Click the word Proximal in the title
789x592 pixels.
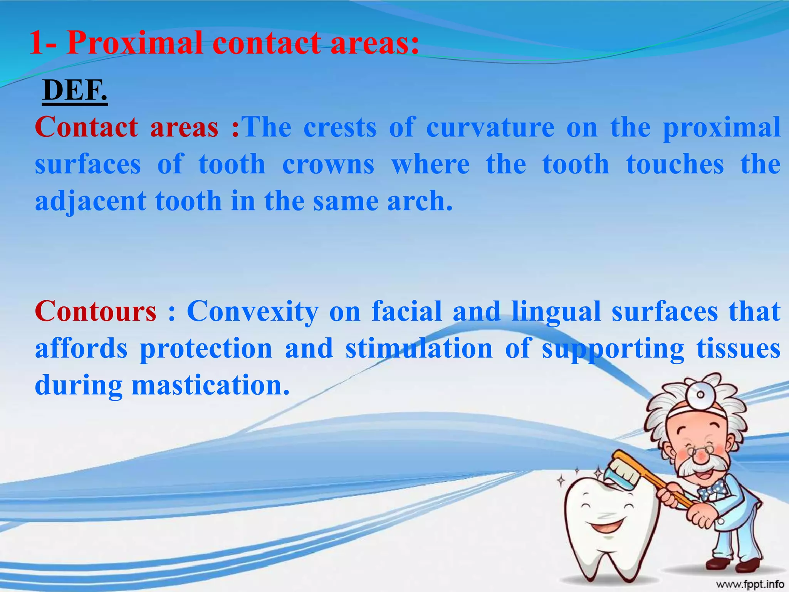coord(135,43)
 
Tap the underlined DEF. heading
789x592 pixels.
coord(75,91)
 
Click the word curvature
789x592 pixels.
coord(490,128)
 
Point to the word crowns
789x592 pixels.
coord(328,165)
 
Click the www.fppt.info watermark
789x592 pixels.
coord(750,584)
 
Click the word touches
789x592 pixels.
coord(675,165)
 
